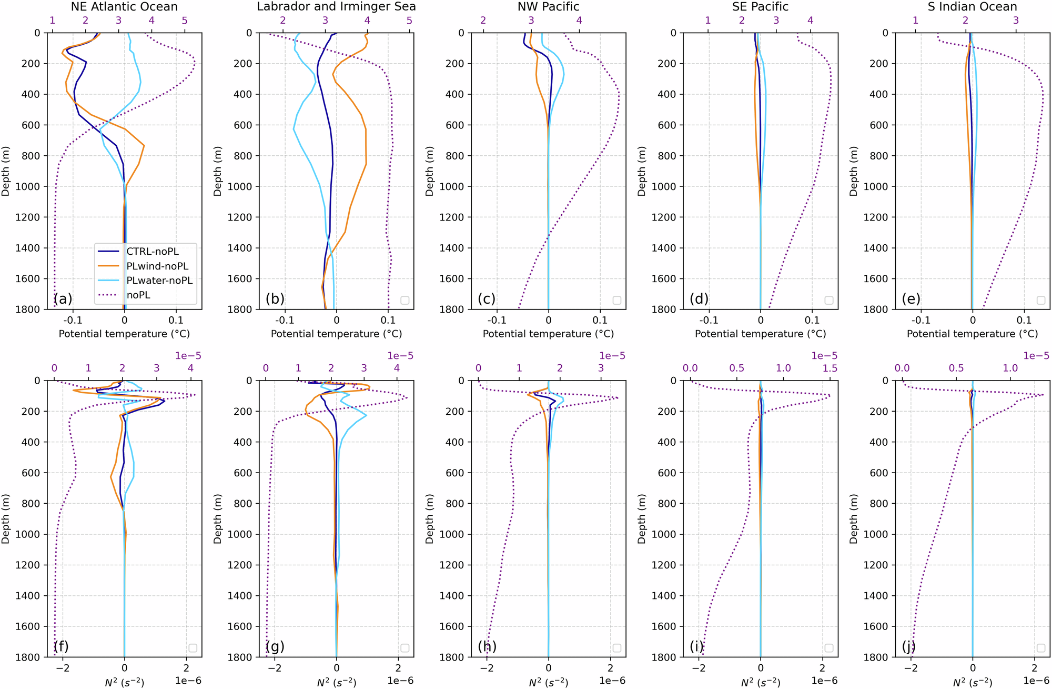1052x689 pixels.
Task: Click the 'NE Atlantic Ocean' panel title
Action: pos(124,7)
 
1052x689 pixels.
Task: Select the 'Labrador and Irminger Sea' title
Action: pos(336,7)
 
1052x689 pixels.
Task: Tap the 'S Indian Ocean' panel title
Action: pos(972,7)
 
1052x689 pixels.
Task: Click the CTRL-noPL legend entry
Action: pos(153,252)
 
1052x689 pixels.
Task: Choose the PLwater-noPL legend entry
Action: pos(159,281)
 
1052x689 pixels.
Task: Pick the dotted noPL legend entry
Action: pos(138,295)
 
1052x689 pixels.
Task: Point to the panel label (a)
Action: pos(63,299)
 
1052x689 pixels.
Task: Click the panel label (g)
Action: pos(275,646)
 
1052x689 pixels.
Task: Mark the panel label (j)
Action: pos(911,646)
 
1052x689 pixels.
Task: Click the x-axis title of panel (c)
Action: pos(548,334)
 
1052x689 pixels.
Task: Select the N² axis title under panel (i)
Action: pos(760,683)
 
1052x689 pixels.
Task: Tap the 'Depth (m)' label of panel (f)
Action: pos(6,519)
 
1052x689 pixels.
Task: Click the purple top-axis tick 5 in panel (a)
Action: pos(185,21)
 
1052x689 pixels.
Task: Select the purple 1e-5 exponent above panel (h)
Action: pos(612,356)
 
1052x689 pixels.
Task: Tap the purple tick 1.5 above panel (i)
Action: pos(830,368)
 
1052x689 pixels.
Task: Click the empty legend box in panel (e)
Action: pos(1040,300)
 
